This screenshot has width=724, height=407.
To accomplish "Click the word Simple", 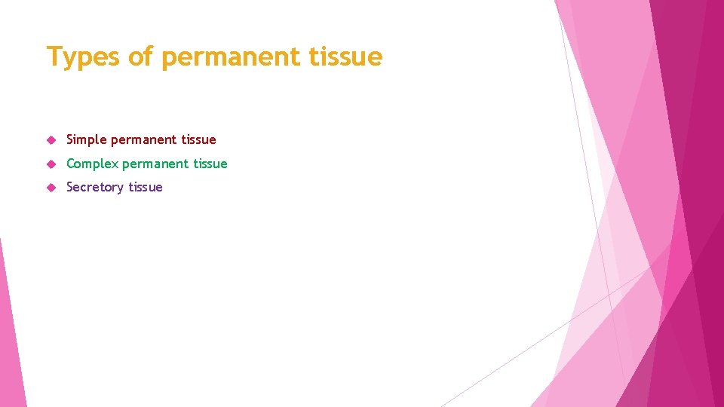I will click(87, 139).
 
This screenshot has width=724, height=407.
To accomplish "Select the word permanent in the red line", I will click(144, 139).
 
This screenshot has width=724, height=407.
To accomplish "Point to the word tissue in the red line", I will click(198, 139).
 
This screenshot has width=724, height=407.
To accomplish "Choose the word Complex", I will click(92, 164).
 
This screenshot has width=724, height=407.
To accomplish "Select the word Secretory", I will click(94, 187).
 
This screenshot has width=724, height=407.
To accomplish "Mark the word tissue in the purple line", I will click(145, 187).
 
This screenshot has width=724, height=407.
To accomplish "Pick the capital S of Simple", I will click(70, 139).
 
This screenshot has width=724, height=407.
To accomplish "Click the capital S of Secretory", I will click(70, 187).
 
